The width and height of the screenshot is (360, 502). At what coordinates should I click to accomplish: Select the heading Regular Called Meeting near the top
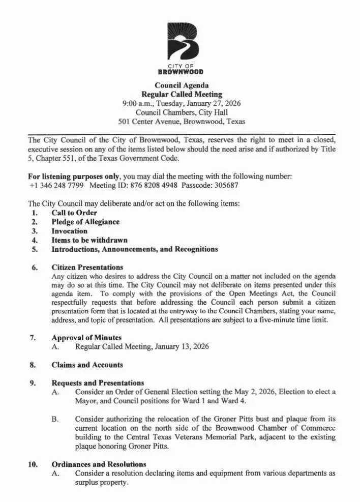click(182, 94)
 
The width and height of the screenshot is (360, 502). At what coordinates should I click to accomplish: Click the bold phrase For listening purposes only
click(72, 176)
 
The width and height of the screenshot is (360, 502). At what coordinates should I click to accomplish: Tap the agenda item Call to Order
click(74, 213)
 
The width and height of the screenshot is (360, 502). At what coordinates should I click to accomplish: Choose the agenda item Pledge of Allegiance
click(85, 222)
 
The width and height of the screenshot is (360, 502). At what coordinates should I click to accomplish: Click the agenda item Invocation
click(70, 231)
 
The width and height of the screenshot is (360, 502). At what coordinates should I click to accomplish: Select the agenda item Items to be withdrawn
click(89, 240)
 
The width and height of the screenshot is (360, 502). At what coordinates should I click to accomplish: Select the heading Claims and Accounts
click(87, 365)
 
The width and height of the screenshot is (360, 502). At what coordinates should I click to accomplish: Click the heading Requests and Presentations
click(98, 382)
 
